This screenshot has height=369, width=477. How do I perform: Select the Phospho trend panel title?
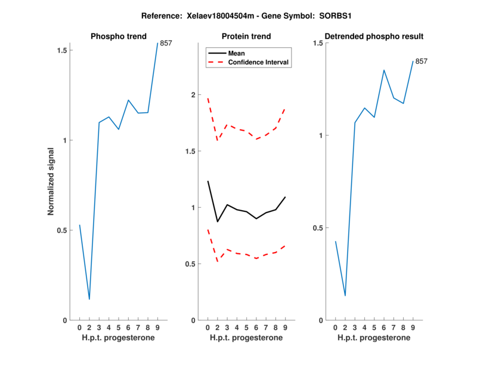point(118,36)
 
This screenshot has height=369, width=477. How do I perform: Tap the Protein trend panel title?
point(247,36)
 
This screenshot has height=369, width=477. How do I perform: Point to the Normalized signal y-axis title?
point(51,182)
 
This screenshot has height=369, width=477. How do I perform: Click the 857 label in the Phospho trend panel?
point(166,43)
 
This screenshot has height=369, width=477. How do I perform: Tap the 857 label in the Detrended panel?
point(422,61)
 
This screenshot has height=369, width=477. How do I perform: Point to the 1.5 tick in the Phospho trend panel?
point(62,50)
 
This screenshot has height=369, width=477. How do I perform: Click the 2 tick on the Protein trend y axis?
point(193,95)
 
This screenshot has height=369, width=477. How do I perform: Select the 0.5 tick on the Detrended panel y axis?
point(316,228)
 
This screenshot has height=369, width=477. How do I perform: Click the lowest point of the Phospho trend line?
point(89,299)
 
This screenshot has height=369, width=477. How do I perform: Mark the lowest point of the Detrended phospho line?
point(345,296)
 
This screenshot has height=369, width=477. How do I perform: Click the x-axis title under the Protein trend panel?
point(247,338)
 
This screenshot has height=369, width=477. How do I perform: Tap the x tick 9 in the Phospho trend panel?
point(157,327)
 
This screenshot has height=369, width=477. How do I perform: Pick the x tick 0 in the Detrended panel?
point(336,327)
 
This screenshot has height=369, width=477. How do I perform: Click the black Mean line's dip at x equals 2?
point(218,222)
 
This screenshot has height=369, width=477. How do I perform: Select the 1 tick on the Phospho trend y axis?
point(66,140)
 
